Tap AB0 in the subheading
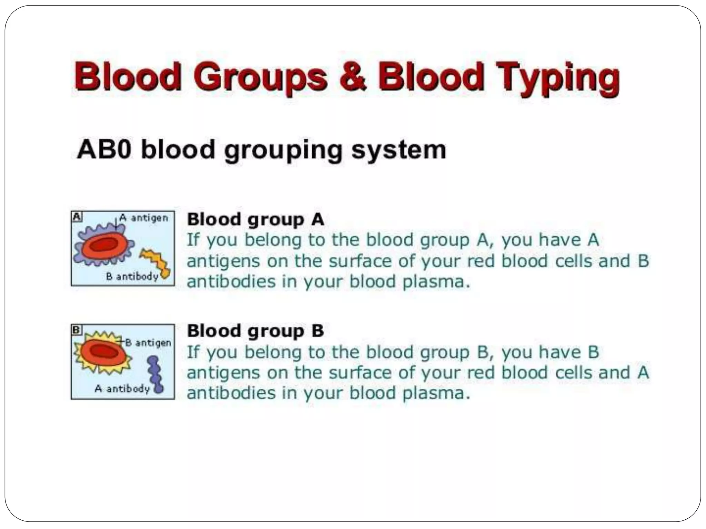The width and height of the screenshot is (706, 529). pyautogui.click(x=104, y=150)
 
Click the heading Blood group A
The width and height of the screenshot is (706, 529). pyautogui.click(x=255, y=220)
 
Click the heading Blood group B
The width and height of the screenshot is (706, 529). pyautogui.click(x=255, y=331)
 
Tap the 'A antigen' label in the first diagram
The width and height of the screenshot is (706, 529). pyautogui.click(x=144, y=218)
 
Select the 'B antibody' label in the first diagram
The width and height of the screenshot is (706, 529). pyautogui.click(x=132, y=276)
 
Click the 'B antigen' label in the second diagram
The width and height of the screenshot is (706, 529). pyautogui.click(x=148, y=343)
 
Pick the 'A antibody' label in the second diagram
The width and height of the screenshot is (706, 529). pyautogui.click(x=122, y=389)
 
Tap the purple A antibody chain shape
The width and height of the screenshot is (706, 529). pyautogui.click(x=154, y=374)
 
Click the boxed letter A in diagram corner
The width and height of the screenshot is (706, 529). pyautogui.click(x=77, y=217)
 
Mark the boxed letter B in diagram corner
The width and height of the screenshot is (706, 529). pyautogui.click(x=77, y=330)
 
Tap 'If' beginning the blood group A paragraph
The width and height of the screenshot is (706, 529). pyautogui.click(x=193, y=240)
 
